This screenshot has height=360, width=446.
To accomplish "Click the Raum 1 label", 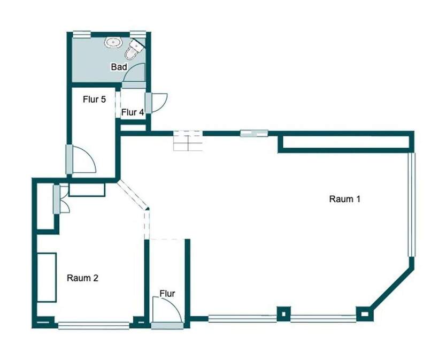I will click(x=345, y=199).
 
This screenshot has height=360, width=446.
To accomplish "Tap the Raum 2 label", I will click(x=82, y=278).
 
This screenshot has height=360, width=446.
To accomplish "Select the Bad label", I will click(x=119, y=67).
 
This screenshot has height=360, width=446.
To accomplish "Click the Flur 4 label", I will click(x=132, y=112).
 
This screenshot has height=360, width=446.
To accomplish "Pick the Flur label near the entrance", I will click(x=167, y=293).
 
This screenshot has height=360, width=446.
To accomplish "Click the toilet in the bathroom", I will click(x=134, y=50).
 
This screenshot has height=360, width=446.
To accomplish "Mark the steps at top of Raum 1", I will click(x=187, y=141).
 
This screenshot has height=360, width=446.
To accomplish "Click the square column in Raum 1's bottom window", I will click(x=282, y=313).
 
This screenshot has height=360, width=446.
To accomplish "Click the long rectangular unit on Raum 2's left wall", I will click(x=47, y=277).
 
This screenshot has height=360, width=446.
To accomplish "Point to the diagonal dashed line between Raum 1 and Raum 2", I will click(x=132, y=195).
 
